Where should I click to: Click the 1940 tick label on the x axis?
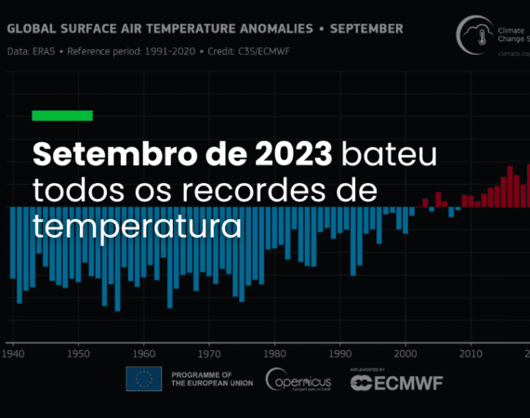tap(13, 353)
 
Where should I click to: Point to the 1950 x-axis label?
tap(78, 353)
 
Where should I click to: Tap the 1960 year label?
tap(143, 353)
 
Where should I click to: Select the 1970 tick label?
tap(209, 353)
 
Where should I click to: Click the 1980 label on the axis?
tap(274, 353)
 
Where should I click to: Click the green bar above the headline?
tap(62, 115)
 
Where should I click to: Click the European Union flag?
tap(143, 379)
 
